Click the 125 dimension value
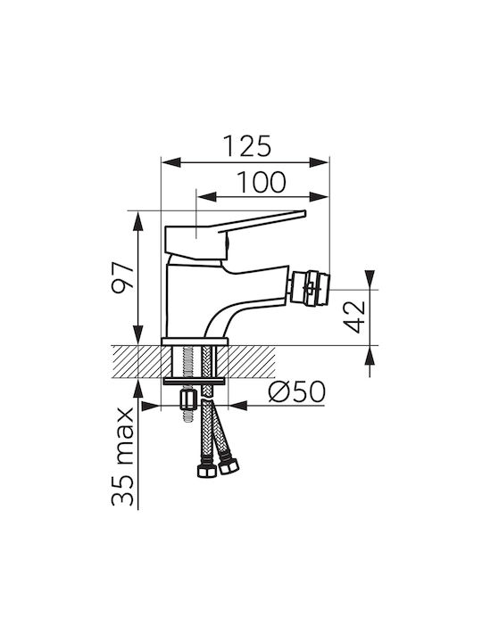pyautogui.click(x=247, y=145)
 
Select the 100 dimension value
pyautogui.click(x=262, y=182)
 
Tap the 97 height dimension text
pyautogui.click(x=123, y=276)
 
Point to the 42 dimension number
pyautogui.click(x=354, y=317)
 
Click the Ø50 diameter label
pyautogui.click(x=297, y=391)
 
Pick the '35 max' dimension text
pyautogui.click(x=123, y=457)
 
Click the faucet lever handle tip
pyautogui.click(x=305, y=213)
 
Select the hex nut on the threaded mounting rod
pyautogui.click(x=187, y=399)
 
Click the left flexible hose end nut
pyautogui.click(x=207, y=471)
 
